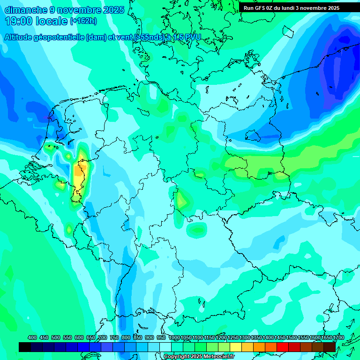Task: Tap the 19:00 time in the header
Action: coord(19,21)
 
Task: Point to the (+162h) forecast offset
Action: coord(83,21)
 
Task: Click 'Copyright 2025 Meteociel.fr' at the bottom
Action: coord(199,357)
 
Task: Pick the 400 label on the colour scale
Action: coord(32,337)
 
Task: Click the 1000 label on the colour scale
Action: coord(174,337)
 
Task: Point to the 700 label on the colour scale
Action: coord(103,337)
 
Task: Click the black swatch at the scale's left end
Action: coord(25,347)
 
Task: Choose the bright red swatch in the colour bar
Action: coord(283,347)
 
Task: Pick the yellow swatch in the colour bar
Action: coord(236,347)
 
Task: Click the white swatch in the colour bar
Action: coord(165,347)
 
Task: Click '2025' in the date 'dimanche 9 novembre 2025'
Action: coord(112,10)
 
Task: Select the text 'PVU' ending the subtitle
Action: coord(191,37)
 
